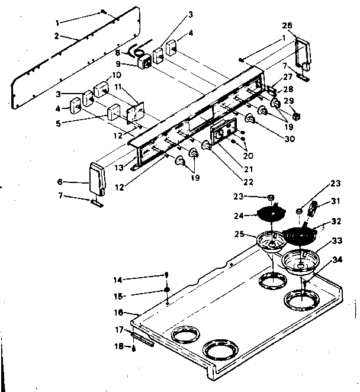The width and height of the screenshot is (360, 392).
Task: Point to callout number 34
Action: tap(337, 259)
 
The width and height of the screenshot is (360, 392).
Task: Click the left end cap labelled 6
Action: tap(96, 178)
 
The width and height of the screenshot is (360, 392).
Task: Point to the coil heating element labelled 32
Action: tap(301, 233)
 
